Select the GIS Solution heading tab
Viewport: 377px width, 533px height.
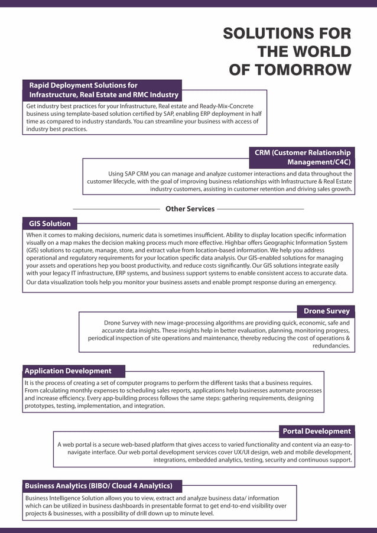[50, 223]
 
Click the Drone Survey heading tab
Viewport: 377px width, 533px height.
[326, 311]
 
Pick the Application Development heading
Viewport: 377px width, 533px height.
[68, 371]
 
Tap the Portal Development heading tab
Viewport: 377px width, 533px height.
[317, 431]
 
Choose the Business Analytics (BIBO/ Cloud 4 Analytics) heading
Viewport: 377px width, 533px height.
[99, 486]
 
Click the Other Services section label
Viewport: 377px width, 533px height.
[190, 209]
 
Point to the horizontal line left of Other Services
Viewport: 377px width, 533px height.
[116, 209]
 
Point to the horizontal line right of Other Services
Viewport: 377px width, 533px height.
[261, 209]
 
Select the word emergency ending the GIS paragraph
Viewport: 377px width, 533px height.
[317, 282]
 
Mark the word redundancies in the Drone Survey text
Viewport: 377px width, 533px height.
[331, 346]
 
